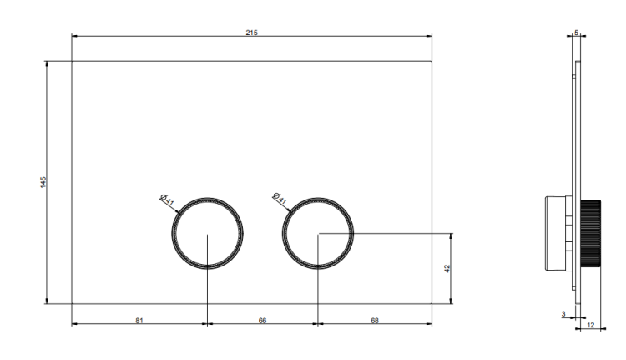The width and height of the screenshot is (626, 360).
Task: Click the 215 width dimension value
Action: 251,33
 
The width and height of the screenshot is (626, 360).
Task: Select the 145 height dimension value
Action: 43,182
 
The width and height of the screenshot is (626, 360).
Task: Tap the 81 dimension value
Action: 139,320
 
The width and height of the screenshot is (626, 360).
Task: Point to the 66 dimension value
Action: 262,320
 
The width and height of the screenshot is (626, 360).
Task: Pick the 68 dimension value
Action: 375,320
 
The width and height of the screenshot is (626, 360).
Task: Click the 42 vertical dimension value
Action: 447,268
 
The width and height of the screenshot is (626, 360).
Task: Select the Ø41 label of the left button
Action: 167,200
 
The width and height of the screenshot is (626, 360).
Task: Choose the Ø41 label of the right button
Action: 280,198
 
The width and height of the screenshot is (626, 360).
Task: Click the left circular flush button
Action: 172,233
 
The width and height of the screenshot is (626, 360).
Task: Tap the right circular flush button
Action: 282,233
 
